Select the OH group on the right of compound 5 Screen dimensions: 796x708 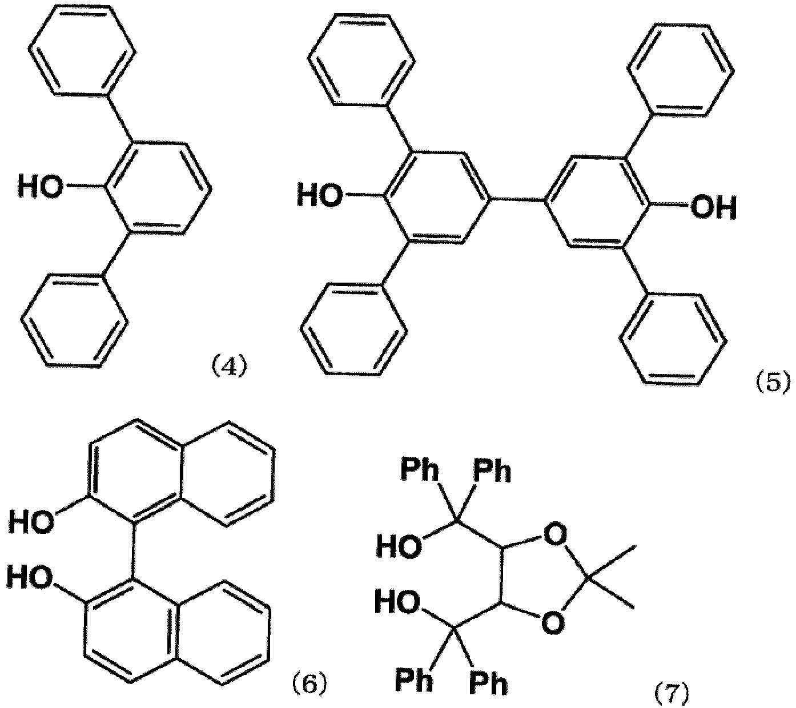[x=713, y=208]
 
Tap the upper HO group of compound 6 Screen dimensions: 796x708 [x=31, y=522]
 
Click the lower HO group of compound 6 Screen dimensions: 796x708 [x=30, y=578]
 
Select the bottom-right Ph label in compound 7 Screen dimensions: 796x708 [x=488, y=684]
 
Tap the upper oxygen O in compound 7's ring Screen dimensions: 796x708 [x=556, y=534]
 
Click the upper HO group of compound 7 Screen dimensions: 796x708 [x=399, y=546]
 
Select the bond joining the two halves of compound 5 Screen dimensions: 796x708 [x=516, y=200]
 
